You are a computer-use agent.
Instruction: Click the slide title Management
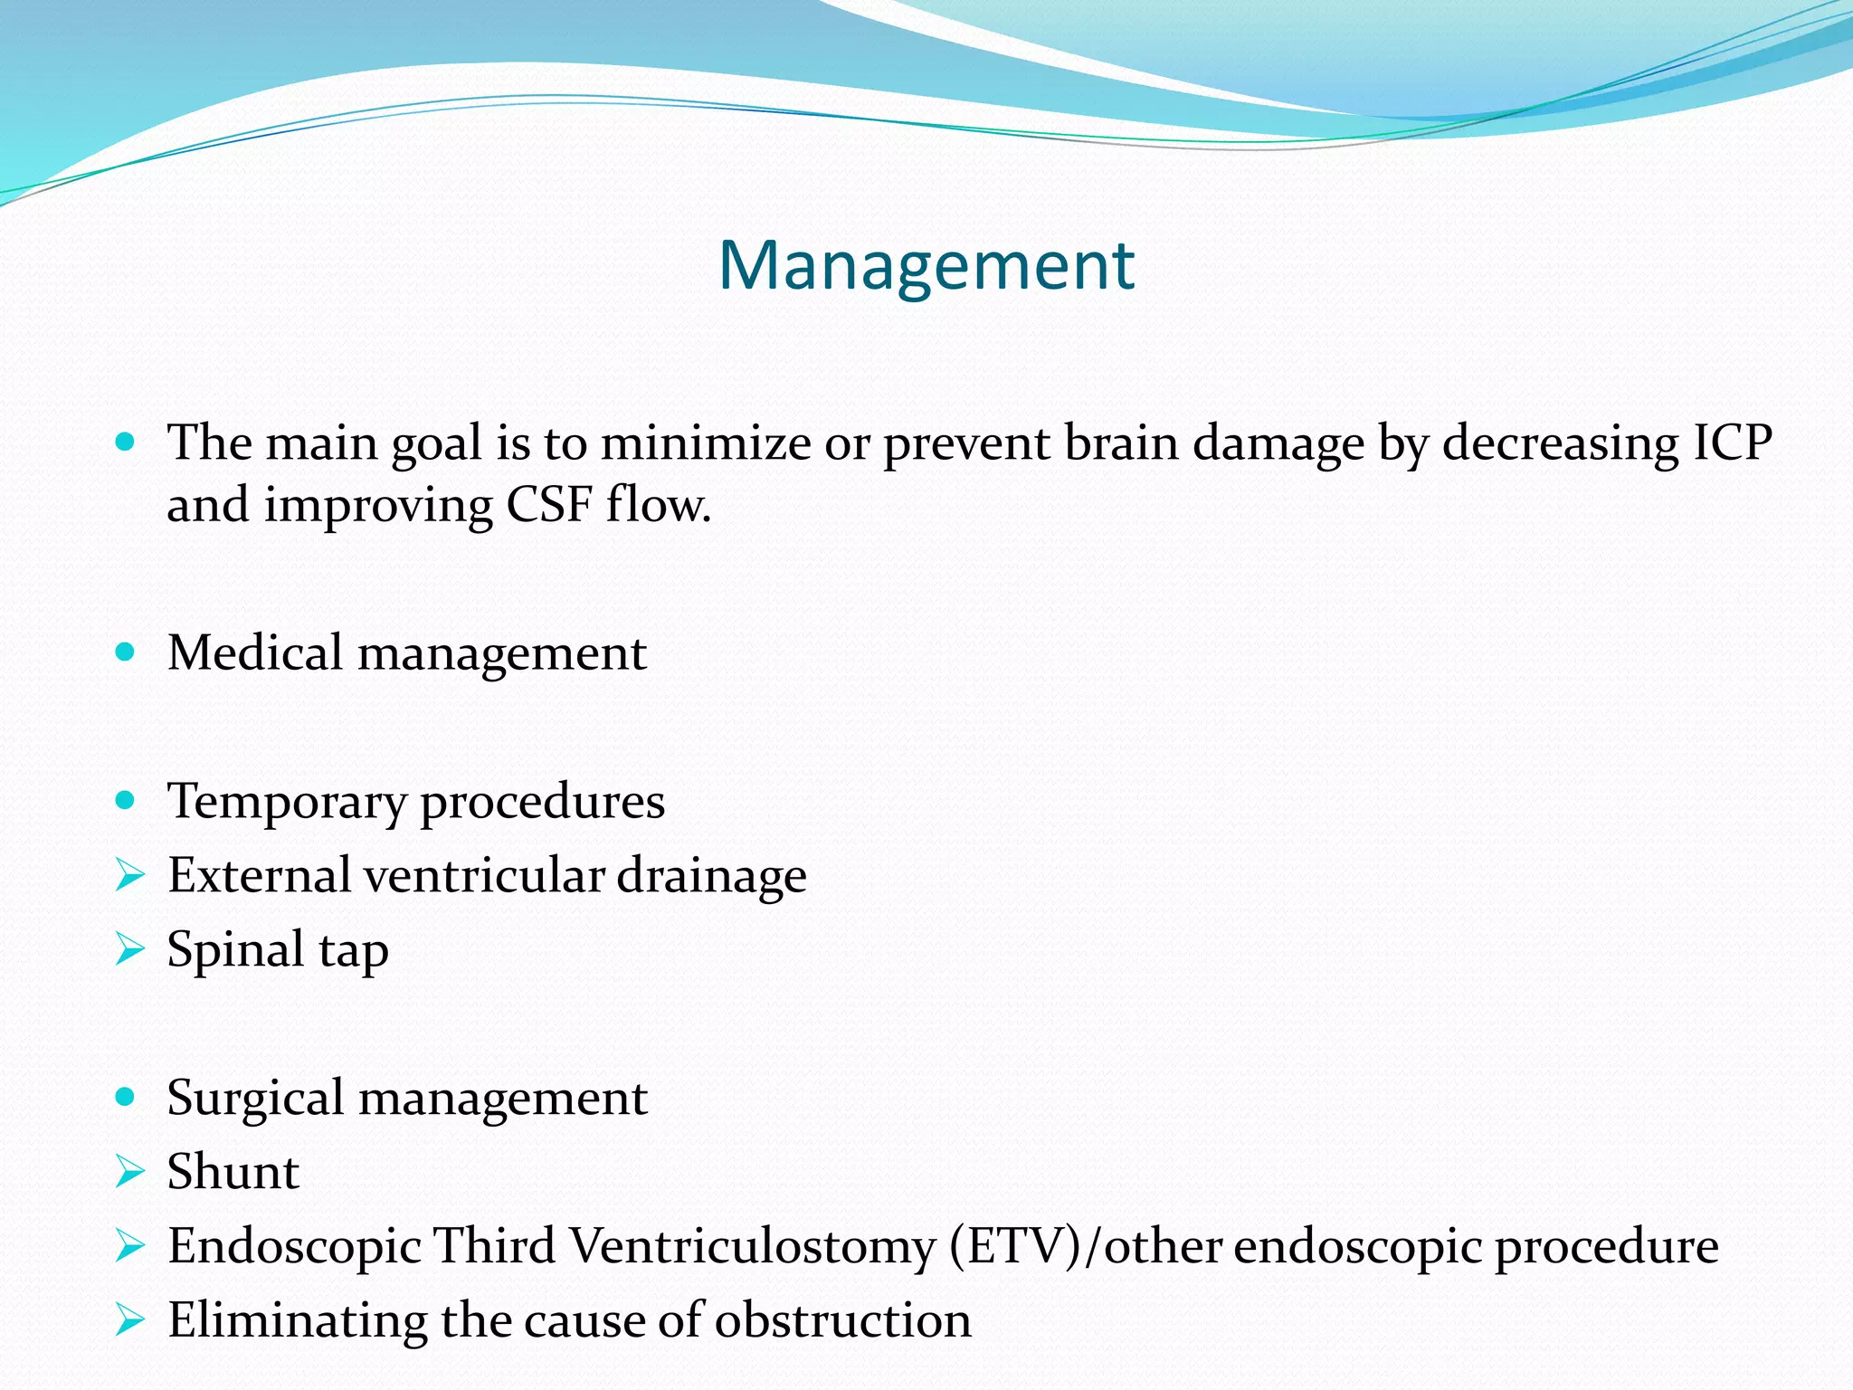926,265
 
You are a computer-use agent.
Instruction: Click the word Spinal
235,951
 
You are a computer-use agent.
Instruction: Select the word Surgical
256,1099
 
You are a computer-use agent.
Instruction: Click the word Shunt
233,1172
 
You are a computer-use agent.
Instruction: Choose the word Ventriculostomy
752,1247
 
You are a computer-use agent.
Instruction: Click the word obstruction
843,1320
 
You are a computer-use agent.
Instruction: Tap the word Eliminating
298,1320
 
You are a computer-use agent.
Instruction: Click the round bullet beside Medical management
126,652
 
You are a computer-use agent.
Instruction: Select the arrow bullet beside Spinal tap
130,949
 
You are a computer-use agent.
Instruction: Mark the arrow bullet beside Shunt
130,1172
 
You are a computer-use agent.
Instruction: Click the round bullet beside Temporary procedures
126,801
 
